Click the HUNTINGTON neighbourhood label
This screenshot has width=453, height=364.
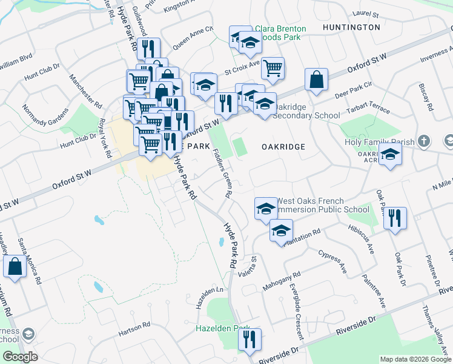[351, 27]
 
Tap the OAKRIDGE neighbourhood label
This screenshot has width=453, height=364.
[283, 147]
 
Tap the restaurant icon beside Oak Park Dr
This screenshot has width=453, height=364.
[395, 218]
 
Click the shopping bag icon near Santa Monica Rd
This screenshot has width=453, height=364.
[15, 266]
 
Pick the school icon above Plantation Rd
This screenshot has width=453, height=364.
[281, 231]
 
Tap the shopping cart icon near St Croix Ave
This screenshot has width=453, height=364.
[274, 69]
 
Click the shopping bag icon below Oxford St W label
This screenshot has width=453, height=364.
[316, 79]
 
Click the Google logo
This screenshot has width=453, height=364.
[20, 357]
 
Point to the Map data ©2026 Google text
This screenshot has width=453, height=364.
[415, 359]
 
